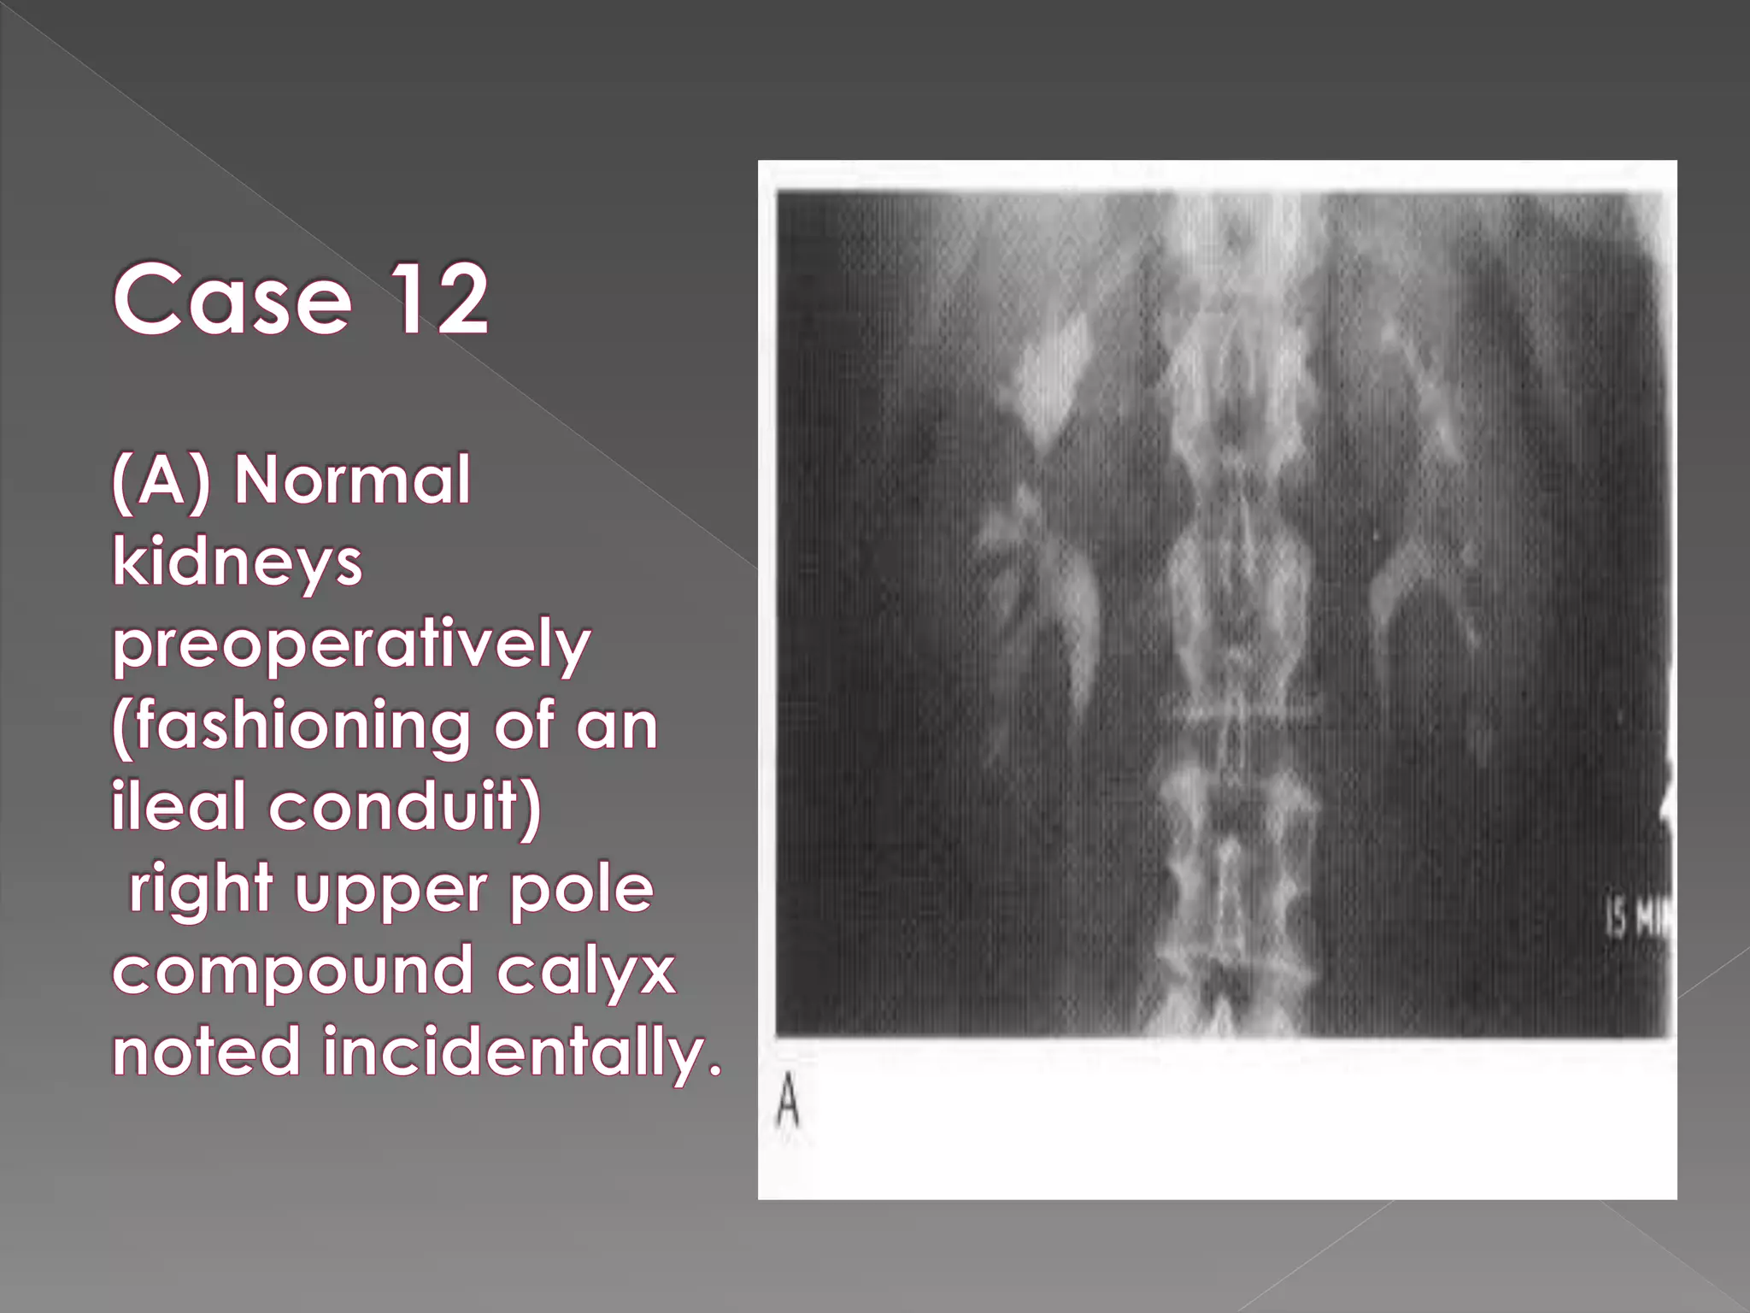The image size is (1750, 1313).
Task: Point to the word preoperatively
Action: click(x=351, y=645)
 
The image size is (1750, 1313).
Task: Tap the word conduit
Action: click(x=398, y=806)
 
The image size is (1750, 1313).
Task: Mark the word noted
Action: click(x=206, y=1051)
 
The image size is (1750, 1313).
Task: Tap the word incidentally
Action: click(x=522, y=1051)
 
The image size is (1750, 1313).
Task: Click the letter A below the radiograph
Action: click(x=788, y=1103)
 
